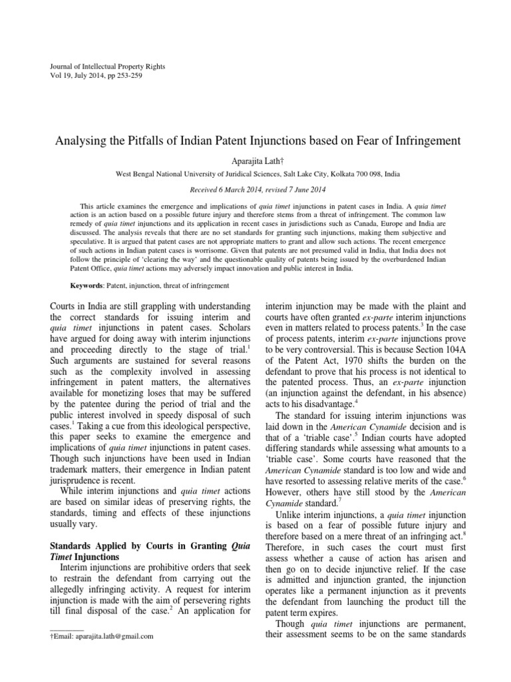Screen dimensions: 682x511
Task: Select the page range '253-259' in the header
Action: point(127,76)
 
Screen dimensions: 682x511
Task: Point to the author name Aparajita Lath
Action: point(255,160)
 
